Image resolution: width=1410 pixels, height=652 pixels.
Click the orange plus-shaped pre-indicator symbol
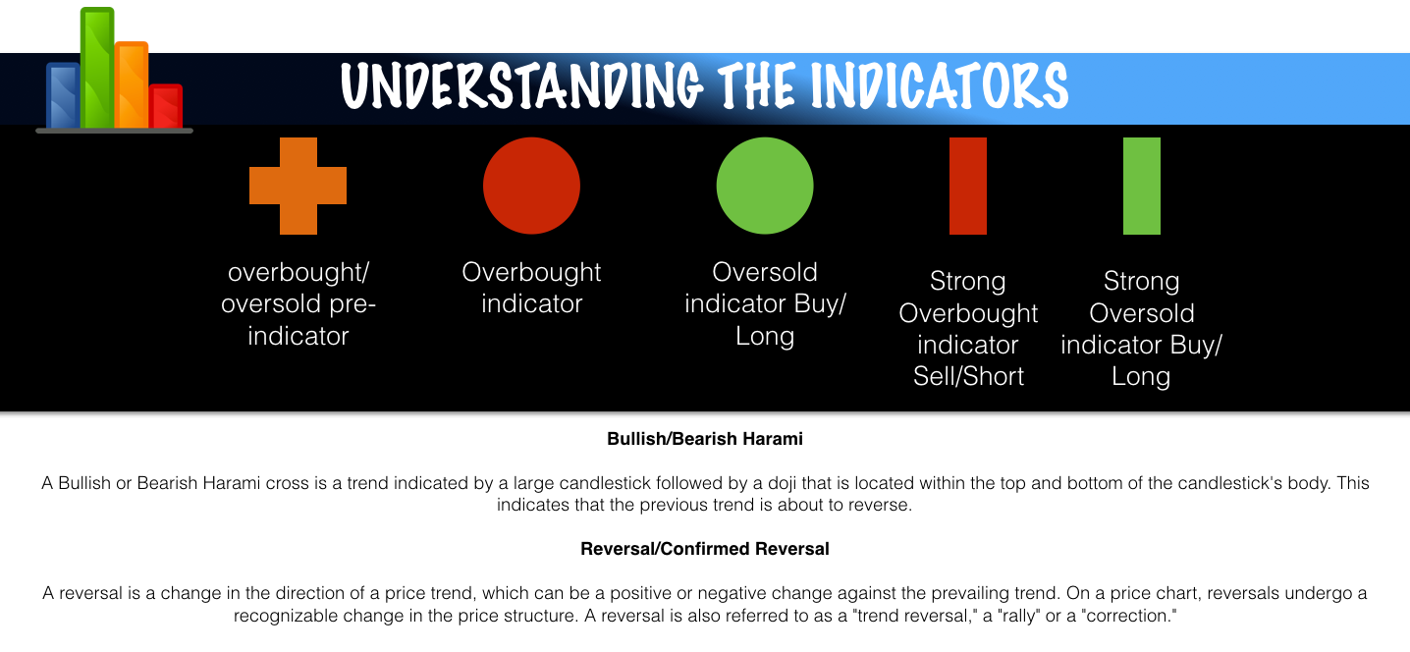[x=298, y=186]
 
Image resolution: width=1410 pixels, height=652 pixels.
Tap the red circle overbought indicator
[x=531, y=186]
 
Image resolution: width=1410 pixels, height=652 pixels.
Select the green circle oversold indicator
[x=765, y=186]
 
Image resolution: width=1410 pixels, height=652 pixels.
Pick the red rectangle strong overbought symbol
[x=968, y=186]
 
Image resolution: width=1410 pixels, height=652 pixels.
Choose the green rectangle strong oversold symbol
[x=1142, y=186]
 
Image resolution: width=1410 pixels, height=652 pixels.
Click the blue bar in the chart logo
[x=63, y=95]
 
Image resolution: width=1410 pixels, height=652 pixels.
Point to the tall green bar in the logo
[x=97, y=68]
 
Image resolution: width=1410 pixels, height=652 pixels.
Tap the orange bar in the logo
[x=132, y=85]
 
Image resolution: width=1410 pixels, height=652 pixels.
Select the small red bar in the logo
[x=166, y=106]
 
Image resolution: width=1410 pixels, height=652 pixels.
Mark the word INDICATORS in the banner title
[x=939, y=85]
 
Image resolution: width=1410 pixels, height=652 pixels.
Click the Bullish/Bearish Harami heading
[x=705, y=439]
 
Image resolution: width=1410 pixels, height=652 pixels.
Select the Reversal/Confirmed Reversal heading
[x=705, y=549]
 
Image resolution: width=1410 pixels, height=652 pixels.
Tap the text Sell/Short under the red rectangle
[x=969, y=376]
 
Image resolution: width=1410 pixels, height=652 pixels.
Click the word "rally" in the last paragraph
[x=1019, y=616]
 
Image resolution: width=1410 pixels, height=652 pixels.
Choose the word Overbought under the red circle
[x=531, y=273]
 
